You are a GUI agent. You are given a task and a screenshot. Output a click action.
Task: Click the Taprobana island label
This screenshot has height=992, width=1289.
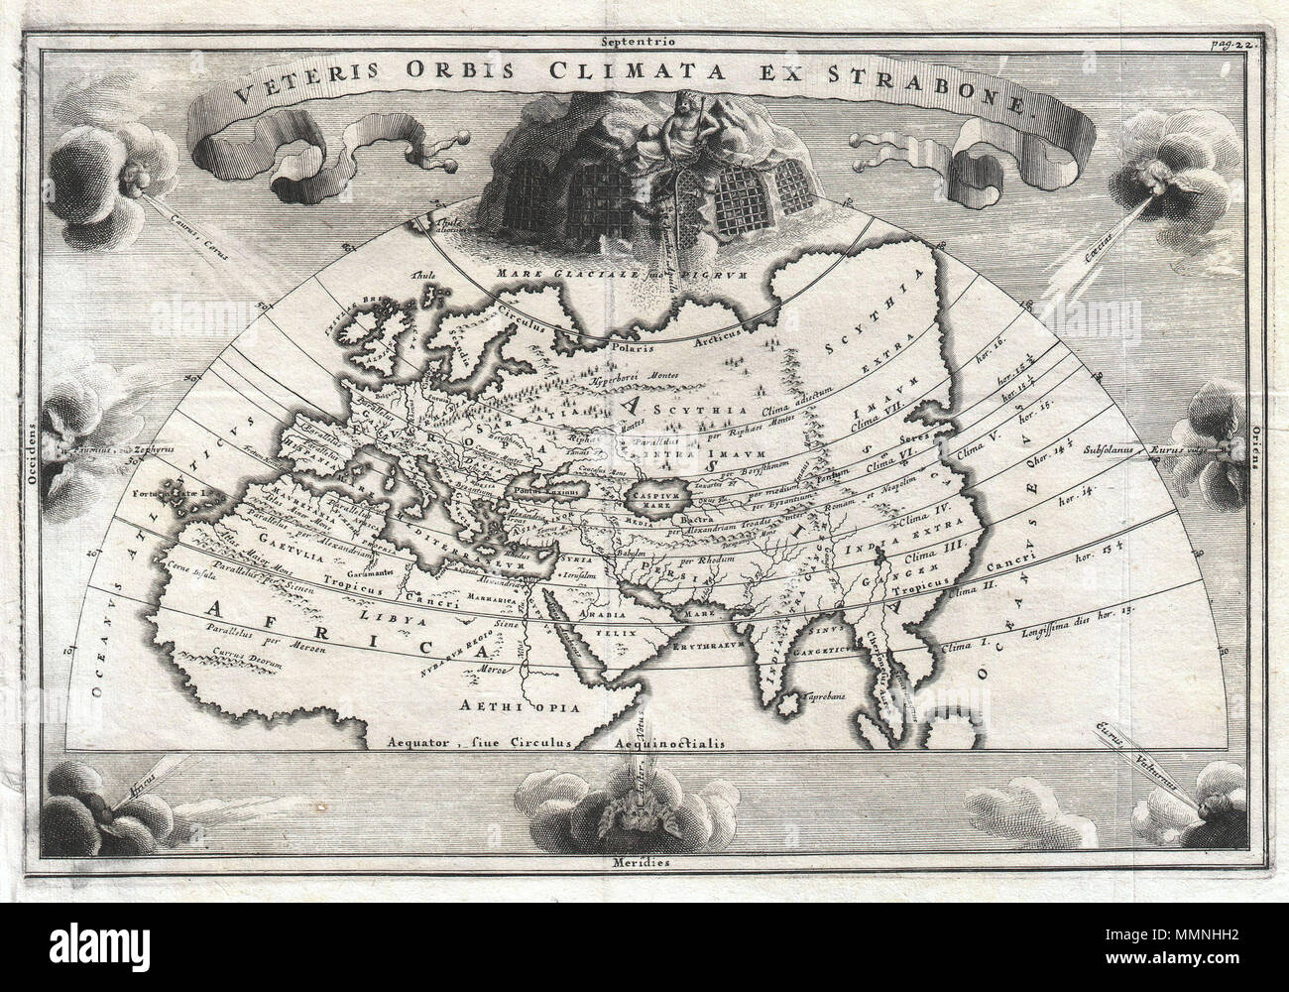(824, 695)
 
